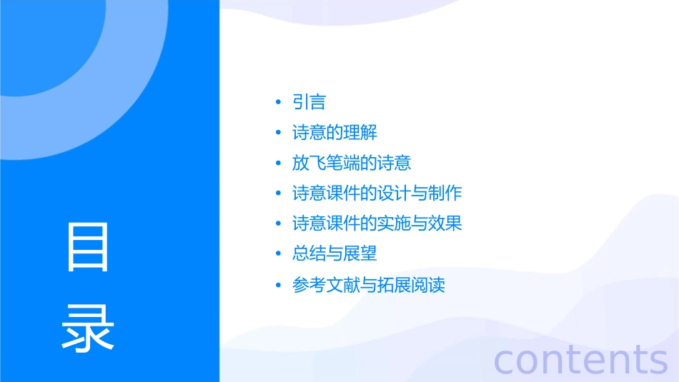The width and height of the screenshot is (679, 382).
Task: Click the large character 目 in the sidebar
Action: [88, 246]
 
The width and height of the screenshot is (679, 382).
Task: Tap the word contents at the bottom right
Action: [580, 360]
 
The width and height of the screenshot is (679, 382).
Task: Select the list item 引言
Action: [309, 102]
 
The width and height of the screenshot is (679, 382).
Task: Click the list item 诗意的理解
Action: [334, 133]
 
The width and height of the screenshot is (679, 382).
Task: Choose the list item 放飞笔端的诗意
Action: [352, 163]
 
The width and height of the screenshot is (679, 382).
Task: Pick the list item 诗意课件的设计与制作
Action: [377, 193]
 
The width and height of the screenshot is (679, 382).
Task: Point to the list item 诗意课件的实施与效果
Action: [377, 223]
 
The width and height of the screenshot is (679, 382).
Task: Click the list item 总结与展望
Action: [334, 253]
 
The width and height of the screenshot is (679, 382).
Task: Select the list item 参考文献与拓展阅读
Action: [369, 285]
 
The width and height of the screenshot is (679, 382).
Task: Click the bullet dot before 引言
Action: [279, 103]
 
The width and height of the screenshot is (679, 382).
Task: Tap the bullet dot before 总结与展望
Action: [279, 254]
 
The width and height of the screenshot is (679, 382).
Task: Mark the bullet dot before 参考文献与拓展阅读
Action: [279, 286]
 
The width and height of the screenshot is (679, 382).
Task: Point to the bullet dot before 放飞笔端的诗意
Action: [279, 164]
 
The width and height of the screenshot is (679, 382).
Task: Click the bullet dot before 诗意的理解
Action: [279, 134]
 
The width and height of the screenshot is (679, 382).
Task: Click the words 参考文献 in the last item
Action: [326, 285]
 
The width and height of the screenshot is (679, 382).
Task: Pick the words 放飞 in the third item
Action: [309, 163]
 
